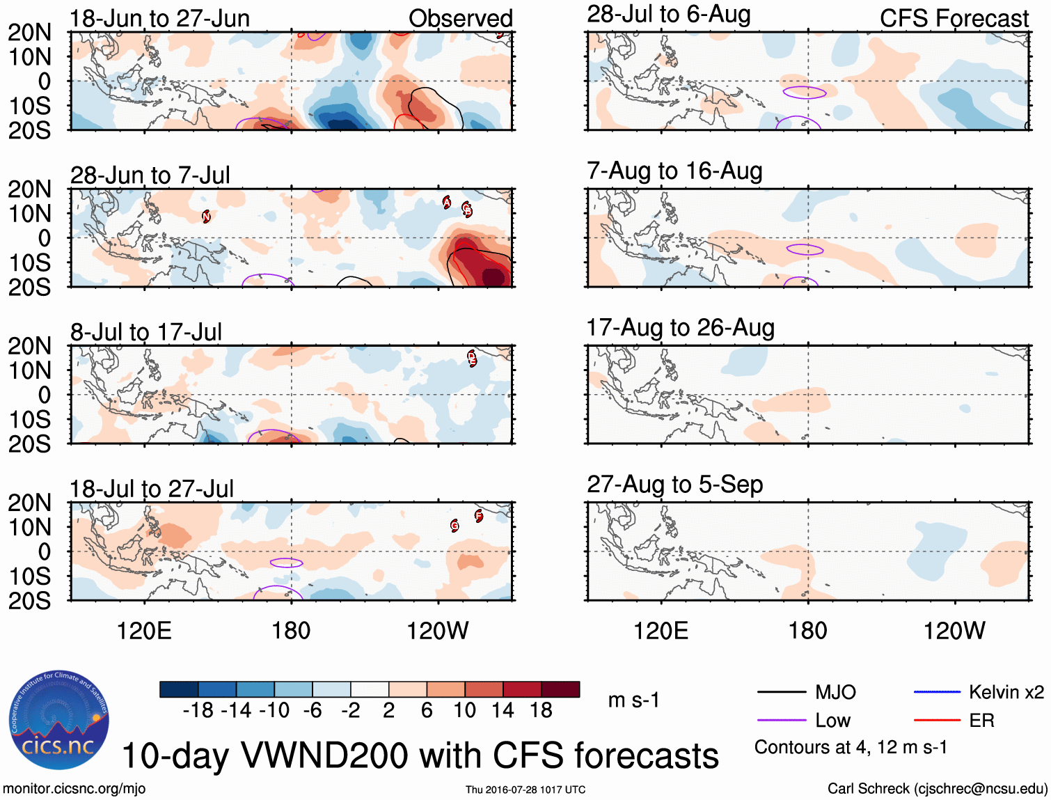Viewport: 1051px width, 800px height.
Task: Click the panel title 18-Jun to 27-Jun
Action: click(x=159, y=18)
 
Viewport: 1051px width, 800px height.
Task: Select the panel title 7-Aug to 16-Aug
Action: click(x=674, y=171)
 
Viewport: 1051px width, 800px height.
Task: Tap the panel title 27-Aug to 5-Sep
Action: click(x=674, y=484)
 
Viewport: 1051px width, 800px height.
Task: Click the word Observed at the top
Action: click(x=460, y=18)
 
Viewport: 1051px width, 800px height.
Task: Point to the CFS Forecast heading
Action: click(x=954, y=18)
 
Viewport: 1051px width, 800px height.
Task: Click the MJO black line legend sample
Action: click(x=781, y=692)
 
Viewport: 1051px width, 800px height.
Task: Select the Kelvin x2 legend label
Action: click(x=1006, y=692)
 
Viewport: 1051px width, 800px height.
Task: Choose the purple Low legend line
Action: click(x=781, y=721)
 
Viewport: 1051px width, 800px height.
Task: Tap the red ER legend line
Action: click(x=937, y=721)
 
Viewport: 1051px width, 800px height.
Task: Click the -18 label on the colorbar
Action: click(x=198, y=710)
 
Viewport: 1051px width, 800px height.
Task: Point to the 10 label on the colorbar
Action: click(x=464, y=710)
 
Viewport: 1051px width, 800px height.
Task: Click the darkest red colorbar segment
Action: click(x=560, y=689)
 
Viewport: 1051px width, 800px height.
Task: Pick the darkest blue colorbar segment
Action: click(x=179, y=689)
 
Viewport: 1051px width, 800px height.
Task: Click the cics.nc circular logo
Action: click(x=59, y=721)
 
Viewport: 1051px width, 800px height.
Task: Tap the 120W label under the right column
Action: click(x=954, y=631)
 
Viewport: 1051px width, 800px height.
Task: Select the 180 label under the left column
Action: click(x=291, y=631)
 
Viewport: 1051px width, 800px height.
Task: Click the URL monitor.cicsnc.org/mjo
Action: click(x=74, y=789)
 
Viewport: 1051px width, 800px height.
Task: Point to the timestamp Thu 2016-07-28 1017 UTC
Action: click(x=525, y=790)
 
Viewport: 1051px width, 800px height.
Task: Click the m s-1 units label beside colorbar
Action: click(x=633, y=700)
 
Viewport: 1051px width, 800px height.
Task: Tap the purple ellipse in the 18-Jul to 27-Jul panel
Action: click(x=287, y=563)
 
